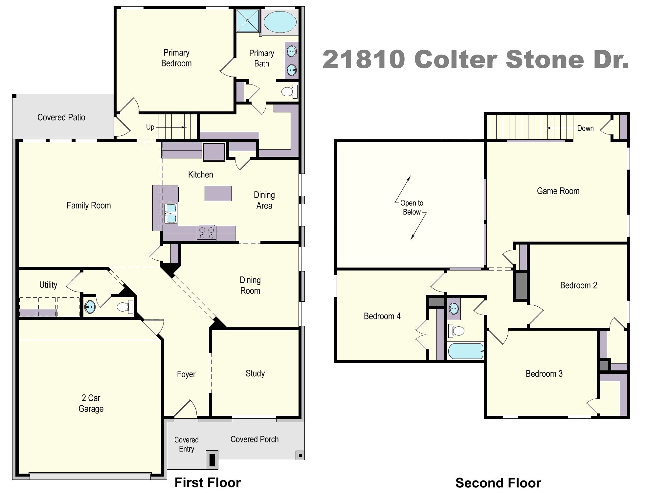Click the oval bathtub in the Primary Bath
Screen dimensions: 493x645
click(x=280, y=21)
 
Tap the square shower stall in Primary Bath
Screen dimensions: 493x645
click(x=248, y=21)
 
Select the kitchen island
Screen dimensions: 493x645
click(x=218, y=193)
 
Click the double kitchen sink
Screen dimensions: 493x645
click(x=170, y=213)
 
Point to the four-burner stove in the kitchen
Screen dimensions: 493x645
click(x=206, y=233)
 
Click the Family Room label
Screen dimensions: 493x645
click(x=89, y=206)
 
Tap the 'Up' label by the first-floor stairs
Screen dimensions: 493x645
click(x=150, y=127)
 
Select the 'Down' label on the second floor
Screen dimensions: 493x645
click(x=585, y=128)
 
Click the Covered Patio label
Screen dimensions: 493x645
click(x=61, y=117)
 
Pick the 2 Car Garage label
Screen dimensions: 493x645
click(x=91, y=403)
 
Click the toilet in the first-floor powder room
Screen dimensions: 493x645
click(x=124, y=307)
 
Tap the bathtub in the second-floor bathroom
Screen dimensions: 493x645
click(x=465, y=351)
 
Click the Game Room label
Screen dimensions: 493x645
click(x=558, y=191)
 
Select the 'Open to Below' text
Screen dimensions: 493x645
click(x=411, y=207)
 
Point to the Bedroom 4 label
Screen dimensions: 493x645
click(x=382, y=316)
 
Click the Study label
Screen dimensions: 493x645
click(x=255, y=373)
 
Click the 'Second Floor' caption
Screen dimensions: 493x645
click(x=498, y=483)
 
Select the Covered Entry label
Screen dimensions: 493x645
click(x=186, y=444)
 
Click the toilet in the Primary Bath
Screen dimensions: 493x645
click(x=289, y=91)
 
